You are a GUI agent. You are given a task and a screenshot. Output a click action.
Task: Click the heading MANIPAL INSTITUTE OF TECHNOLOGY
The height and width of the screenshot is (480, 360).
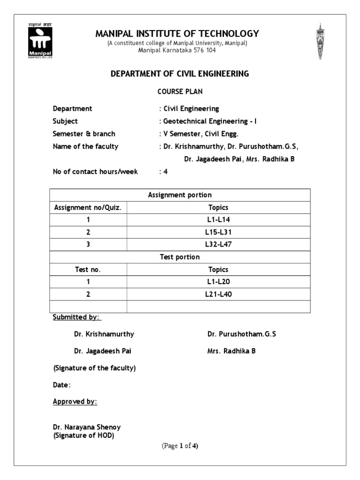click(177, 34)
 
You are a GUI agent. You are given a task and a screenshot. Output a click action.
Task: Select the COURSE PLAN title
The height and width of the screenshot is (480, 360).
click(180, 92)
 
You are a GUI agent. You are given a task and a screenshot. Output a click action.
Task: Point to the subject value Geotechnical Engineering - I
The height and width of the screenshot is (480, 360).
click(209, 121)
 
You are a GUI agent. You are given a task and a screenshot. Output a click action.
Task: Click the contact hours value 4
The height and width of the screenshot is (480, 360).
click(165, 172)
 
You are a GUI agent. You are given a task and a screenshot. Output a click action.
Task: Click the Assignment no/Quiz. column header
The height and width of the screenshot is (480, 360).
click(88, 208)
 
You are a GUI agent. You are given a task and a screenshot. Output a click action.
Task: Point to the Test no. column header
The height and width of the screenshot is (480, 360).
click(88, 270)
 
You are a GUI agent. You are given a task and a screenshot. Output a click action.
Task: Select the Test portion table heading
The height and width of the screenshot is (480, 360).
click(180, 257)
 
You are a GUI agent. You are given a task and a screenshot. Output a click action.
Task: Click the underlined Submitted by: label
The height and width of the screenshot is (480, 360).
click(76, 317)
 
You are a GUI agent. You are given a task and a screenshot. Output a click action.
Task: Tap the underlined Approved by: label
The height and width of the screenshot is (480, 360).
click(75, 402)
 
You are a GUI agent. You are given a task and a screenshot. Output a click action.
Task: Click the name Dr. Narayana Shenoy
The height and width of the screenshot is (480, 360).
click(87, 427)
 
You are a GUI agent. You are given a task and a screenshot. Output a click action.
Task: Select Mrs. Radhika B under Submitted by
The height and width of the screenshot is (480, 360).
click(232, 351)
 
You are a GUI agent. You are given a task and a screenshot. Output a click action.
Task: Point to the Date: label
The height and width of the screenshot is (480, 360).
click(62, 385)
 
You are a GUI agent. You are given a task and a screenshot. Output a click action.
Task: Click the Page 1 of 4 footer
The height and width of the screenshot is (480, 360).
click(180, 446)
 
